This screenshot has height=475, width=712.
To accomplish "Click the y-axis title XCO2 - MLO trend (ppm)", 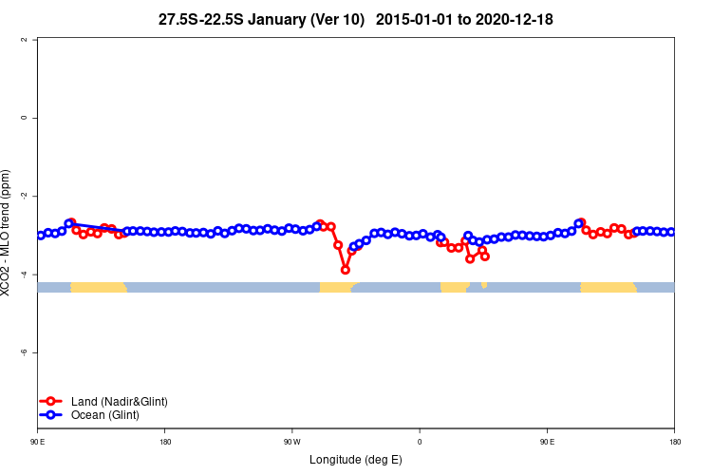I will point(8,234).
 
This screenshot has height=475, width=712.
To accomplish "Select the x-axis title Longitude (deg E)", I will point(356,460).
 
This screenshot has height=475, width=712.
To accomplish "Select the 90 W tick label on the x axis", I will point(291,442).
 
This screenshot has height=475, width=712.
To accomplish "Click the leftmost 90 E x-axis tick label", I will point(38,442).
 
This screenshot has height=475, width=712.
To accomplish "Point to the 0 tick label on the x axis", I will point(419,442).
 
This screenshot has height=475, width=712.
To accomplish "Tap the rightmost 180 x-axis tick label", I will point(674,442).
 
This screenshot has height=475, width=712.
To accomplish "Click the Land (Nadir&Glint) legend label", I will point(120,402).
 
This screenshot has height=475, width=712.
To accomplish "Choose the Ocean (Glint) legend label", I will point(105,415).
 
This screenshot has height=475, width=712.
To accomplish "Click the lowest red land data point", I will point(346,270).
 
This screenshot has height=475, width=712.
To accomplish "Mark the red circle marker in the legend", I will point(51,402).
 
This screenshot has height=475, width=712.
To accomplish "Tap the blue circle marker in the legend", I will point(51,415).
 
